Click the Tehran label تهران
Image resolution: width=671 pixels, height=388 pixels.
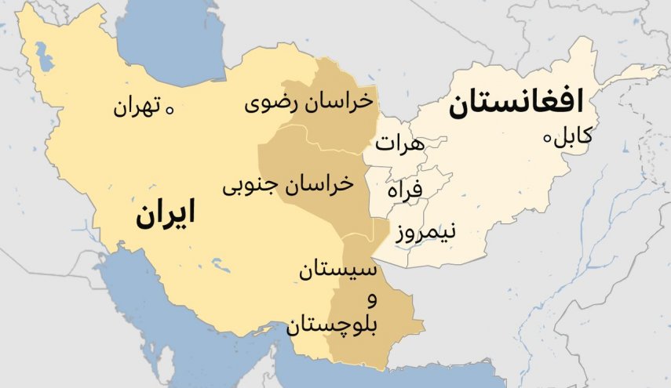pos(137,106)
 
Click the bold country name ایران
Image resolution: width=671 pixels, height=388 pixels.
pos(165,213)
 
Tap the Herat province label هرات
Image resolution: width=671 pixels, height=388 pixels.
pos(399,143)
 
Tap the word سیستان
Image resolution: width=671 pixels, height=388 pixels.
pos(337,271)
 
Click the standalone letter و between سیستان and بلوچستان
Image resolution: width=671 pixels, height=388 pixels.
pos(371,299)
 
